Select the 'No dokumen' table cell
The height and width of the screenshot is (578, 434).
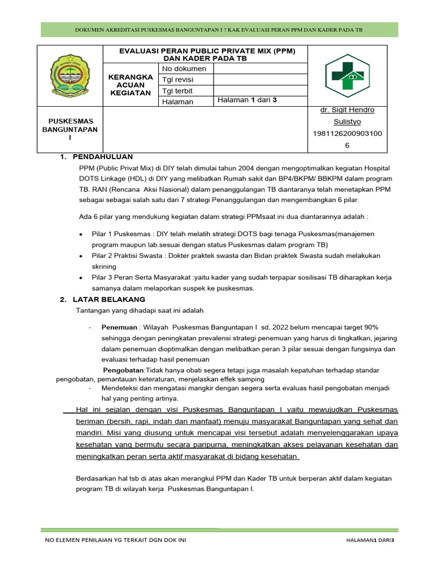[184, 69]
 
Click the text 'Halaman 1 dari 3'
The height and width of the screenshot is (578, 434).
[247, 100]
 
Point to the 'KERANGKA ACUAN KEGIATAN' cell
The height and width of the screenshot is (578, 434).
[131, 85]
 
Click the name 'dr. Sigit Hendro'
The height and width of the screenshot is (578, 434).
[347, 110]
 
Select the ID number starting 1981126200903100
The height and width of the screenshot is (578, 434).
[347, 133]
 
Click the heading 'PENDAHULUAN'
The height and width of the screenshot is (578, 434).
[103, 157]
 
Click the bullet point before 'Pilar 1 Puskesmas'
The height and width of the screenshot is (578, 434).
[81, 234]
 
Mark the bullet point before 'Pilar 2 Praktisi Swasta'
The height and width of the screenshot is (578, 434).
[81, 256]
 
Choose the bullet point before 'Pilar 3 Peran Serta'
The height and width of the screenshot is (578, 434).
[81, 278]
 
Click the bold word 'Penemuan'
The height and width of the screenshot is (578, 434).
[119, 327]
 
